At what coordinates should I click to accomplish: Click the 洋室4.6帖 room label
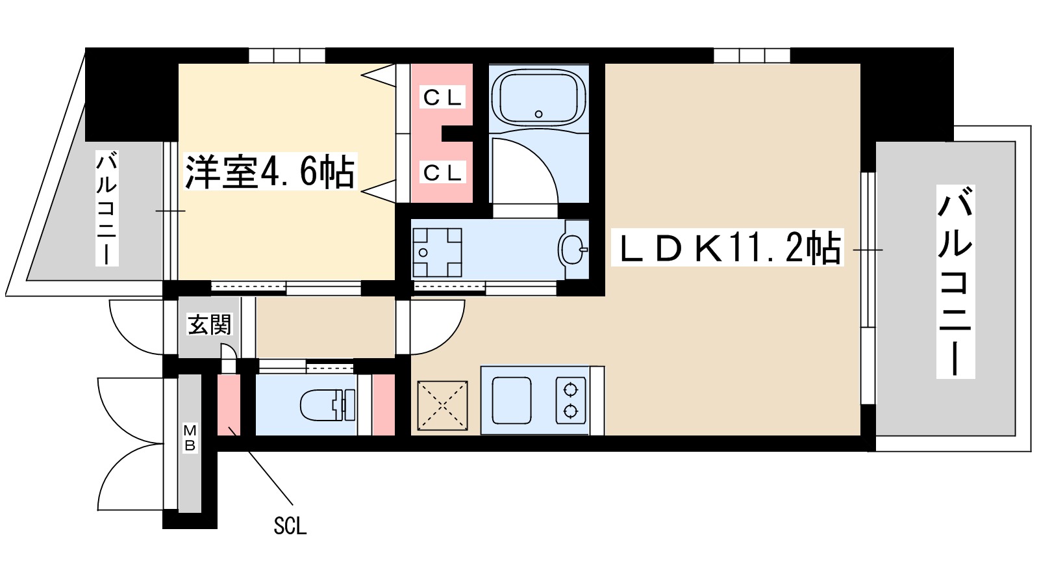click(270, 172)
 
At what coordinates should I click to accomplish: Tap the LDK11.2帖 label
click(727, 248)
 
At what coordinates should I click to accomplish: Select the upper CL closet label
click(442, 97)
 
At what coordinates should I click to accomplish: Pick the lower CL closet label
click(442, 172)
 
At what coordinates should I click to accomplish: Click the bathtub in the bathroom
click(538, 97)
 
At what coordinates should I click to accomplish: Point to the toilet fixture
click(327, 405)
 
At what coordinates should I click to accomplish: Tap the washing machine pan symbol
click(437, 252)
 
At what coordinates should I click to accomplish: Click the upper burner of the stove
click(571, 390)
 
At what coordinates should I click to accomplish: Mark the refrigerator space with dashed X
click(442, 406)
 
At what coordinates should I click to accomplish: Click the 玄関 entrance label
click(210, 324)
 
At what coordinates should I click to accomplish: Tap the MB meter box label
click(190, 437)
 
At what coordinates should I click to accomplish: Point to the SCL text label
click(290, 525)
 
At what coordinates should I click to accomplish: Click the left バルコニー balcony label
click(107, 208)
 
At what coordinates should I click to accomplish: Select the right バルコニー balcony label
click(955, 281)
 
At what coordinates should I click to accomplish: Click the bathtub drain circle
click(538, 114)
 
